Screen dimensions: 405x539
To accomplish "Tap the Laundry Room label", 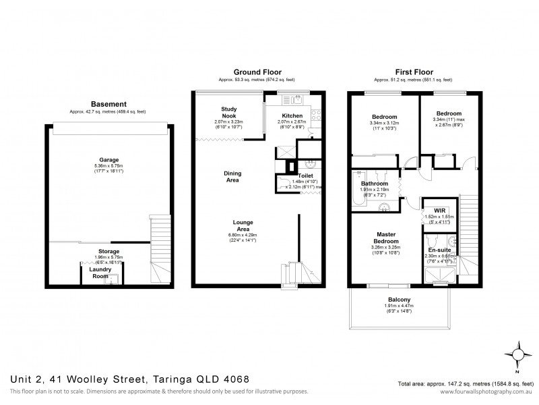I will pyautogui.click(x=100, y=272).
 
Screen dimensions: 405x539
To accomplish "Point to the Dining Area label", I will pyautogui.click(x=232, y=177).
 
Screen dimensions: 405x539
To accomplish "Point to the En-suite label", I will pyautogui.click(x=441, y=250).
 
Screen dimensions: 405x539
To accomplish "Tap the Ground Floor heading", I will pyautogui.click(x=257, y=72).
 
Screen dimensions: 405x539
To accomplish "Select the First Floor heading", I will pyautogui.click(x=413, y=72).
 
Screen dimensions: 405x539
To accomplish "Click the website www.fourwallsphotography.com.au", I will pyautogui.click(x=484, y=392).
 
